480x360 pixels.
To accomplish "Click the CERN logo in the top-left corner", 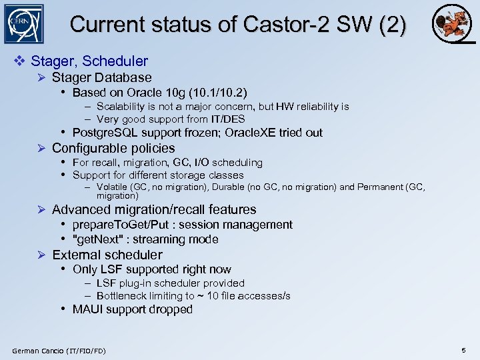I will click(23, 24).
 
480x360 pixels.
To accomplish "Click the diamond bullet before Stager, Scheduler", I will click(20, 61).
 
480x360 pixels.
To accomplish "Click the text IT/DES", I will click(228, 119).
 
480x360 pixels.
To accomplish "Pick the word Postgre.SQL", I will click(104, 133).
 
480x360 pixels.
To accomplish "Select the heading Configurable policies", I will click(113, 148).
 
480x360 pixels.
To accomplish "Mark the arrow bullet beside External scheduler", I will click(41, 255).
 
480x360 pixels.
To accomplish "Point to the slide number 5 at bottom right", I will click(463, 350).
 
